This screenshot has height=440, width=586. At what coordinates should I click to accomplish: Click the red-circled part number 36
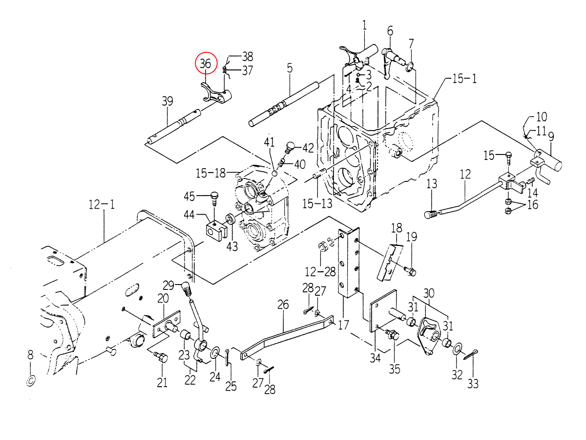pos(206,64)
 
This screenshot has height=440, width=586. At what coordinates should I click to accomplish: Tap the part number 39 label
pos(167,101)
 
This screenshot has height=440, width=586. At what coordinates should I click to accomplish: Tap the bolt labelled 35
pos(393,336)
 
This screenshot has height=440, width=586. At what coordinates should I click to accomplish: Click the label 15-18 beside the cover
pos(211,173)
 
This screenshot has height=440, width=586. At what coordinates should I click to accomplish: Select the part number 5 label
pos(290,68)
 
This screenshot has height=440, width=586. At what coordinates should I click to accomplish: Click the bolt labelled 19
pos(409,270)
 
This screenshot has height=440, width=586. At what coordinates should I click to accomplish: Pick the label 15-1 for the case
pos(464,79)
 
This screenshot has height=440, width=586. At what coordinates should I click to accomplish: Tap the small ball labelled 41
pos(275,173)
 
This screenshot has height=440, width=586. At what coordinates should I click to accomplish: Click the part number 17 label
pos(343,324)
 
